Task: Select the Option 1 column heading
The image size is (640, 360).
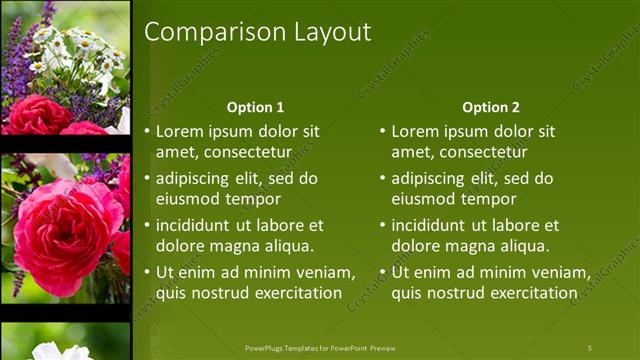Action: (x=255, y=107)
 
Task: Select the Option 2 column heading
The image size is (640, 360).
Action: (x=491, y=107)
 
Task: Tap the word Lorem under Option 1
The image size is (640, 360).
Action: (x=179, y=131)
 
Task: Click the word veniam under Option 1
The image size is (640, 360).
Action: (x=324, y=273)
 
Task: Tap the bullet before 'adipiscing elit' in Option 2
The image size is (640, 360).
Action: (x=383, y=179)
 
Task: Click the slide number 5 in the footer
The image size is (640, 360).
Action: (x=589, y=348)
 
